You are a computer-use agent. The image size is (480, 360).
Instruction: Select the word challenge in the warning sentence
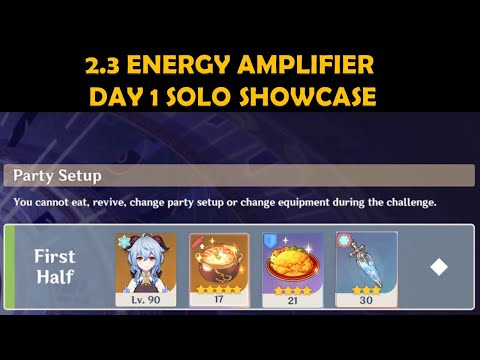point(406,203)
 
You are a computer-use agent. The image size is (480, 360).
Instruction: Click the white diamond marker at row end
point(437,268)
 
